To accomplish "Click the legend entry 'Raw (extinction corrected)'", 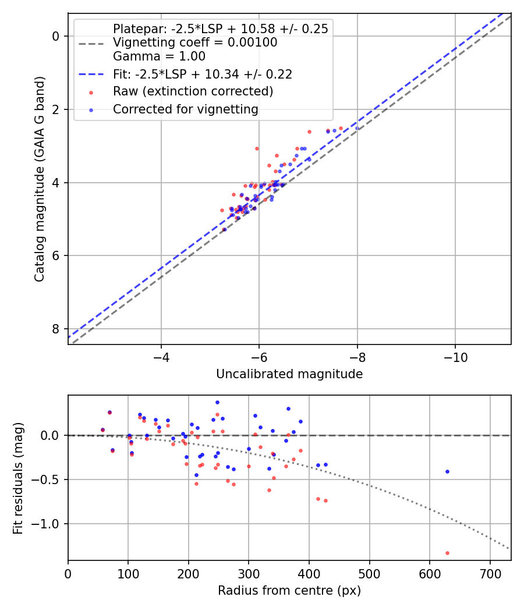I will [193, 91].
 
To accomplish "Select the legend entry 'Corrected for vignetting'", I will [186, 109].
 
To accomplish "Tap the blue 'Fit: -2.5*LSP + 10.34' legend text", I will [202, 74].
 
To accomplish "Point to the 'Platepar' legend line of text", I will [220, 29].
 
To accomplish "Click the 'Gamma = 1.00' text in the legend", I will [159, 56].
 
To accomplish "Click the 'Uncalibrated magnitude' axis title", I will [289, 374].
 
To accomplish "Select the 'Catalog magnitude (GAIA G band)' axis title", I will [39, 178].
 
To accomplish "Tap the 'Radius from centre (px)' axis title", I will [289, 591].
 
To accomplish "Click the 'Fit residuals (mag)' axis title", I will [18, 478].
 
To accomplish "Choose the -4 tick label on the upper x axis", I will [161, 356].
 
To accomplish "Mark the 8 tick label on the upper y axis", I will [56, 329].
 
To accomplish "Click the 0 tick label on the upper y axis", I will [56, 36].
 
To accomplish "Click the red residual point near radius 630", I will [447, 553].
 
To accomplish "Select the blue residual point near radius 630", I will [447, 471].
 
